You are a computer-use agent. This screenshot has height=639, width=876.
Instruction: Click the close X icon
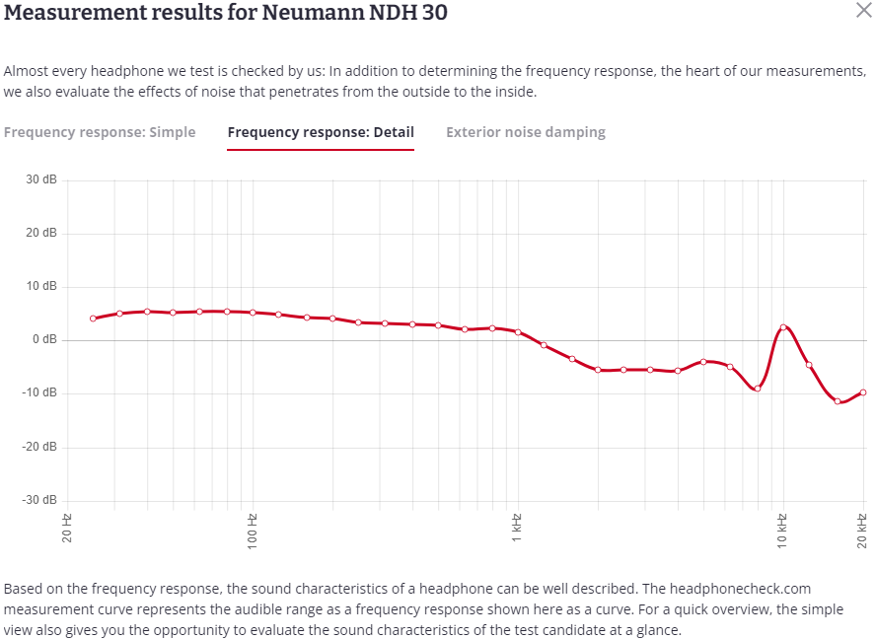coord(862,10)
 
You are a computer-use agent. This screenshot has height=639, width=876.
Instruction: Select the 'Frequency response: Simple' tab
coord(100,132)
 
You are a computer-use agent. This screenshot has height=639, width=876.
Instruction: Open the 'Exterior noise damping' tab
coord(526,132)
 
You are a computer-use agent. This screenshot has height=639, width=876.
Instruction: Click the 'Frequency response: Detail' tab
coord(321,132)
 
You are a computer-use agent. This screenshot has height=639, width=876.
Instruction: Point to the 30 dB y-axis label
coord(40,179)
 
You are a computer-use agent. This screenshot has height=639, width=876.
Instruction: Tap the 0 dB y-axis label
coord(44,339)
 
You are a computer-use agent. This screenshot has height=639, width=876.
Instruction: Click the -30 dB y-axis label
coord(39,500)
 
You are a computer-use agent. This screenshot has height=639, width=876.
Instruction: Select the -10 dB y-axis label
coord(39,392)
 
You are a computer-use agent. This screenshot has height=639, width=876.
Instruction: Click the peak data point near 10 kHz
coord(782,327)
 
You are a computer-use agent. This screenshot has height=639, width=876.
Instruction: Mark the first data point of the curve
coord(93,319)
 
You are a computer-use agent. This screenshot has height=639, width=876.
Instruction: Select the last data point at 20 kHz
coord(863,392)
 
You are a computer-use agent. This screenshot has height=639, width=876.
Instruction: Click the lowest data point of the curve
coord(838,401)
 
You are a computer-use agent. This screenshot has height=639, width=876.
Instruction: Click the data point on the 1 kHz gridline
coord(518,332)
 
